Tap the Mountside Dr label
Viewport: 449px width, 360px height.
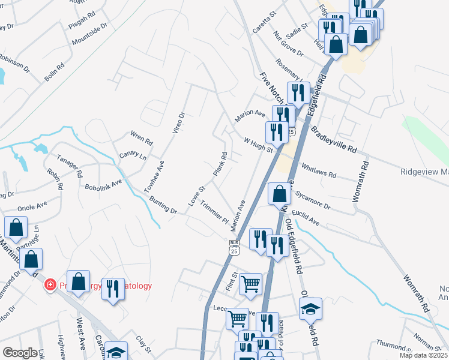(x=89, y=34)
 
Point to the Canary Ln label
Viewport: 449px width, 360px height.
(x=133, y=156)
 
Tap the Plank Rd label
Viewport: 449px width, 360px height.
(x=220, y=164)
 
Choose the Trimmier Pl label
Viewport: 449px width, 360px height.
(x=214, y=211)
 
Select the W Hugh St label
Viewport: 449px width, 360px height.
(x=258, y=145)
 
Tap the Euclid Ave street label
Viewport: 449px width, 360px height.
(x=306, y=217)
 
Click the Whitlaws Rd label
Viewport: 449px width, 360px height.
(x=319, y=171)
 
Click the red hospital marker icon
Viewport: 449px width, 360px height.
(x=51, y=285)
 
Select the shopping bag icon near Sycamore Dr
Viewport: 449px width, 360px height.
(x=279, y=194)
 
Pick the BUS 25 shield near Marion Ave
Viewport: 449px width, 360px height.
(x=235, y=245)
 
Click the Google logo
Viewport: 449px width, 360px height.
(x=20, y=353)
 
